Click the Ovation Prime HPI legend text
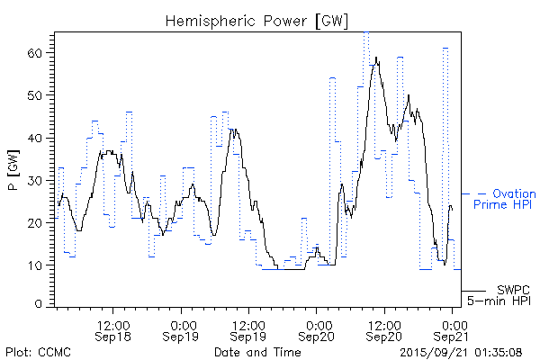[504, 199]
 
